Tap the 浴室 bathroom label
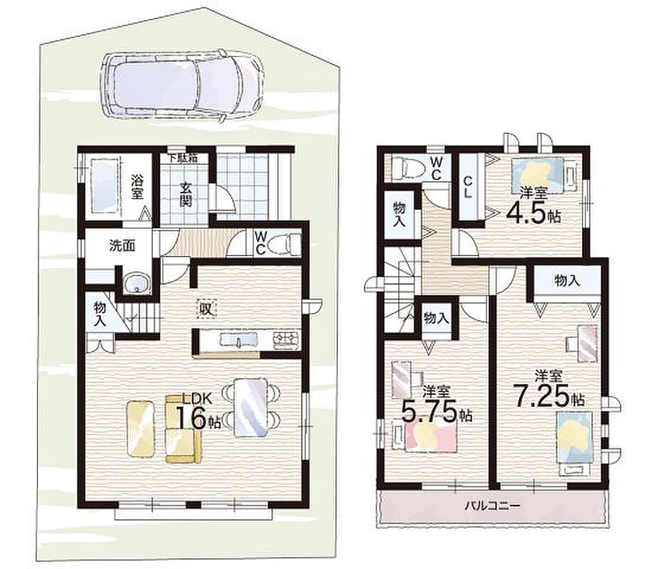137,188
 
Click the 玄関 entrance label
186,194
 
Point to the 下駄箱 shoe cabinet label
183,159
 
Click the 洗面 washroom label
122,246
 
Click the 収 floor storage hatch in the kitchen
205,309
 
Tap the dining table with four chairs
250,408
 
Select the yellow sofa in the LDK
184,428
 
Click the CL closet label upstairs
468,187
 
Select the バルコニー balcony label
492,506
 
